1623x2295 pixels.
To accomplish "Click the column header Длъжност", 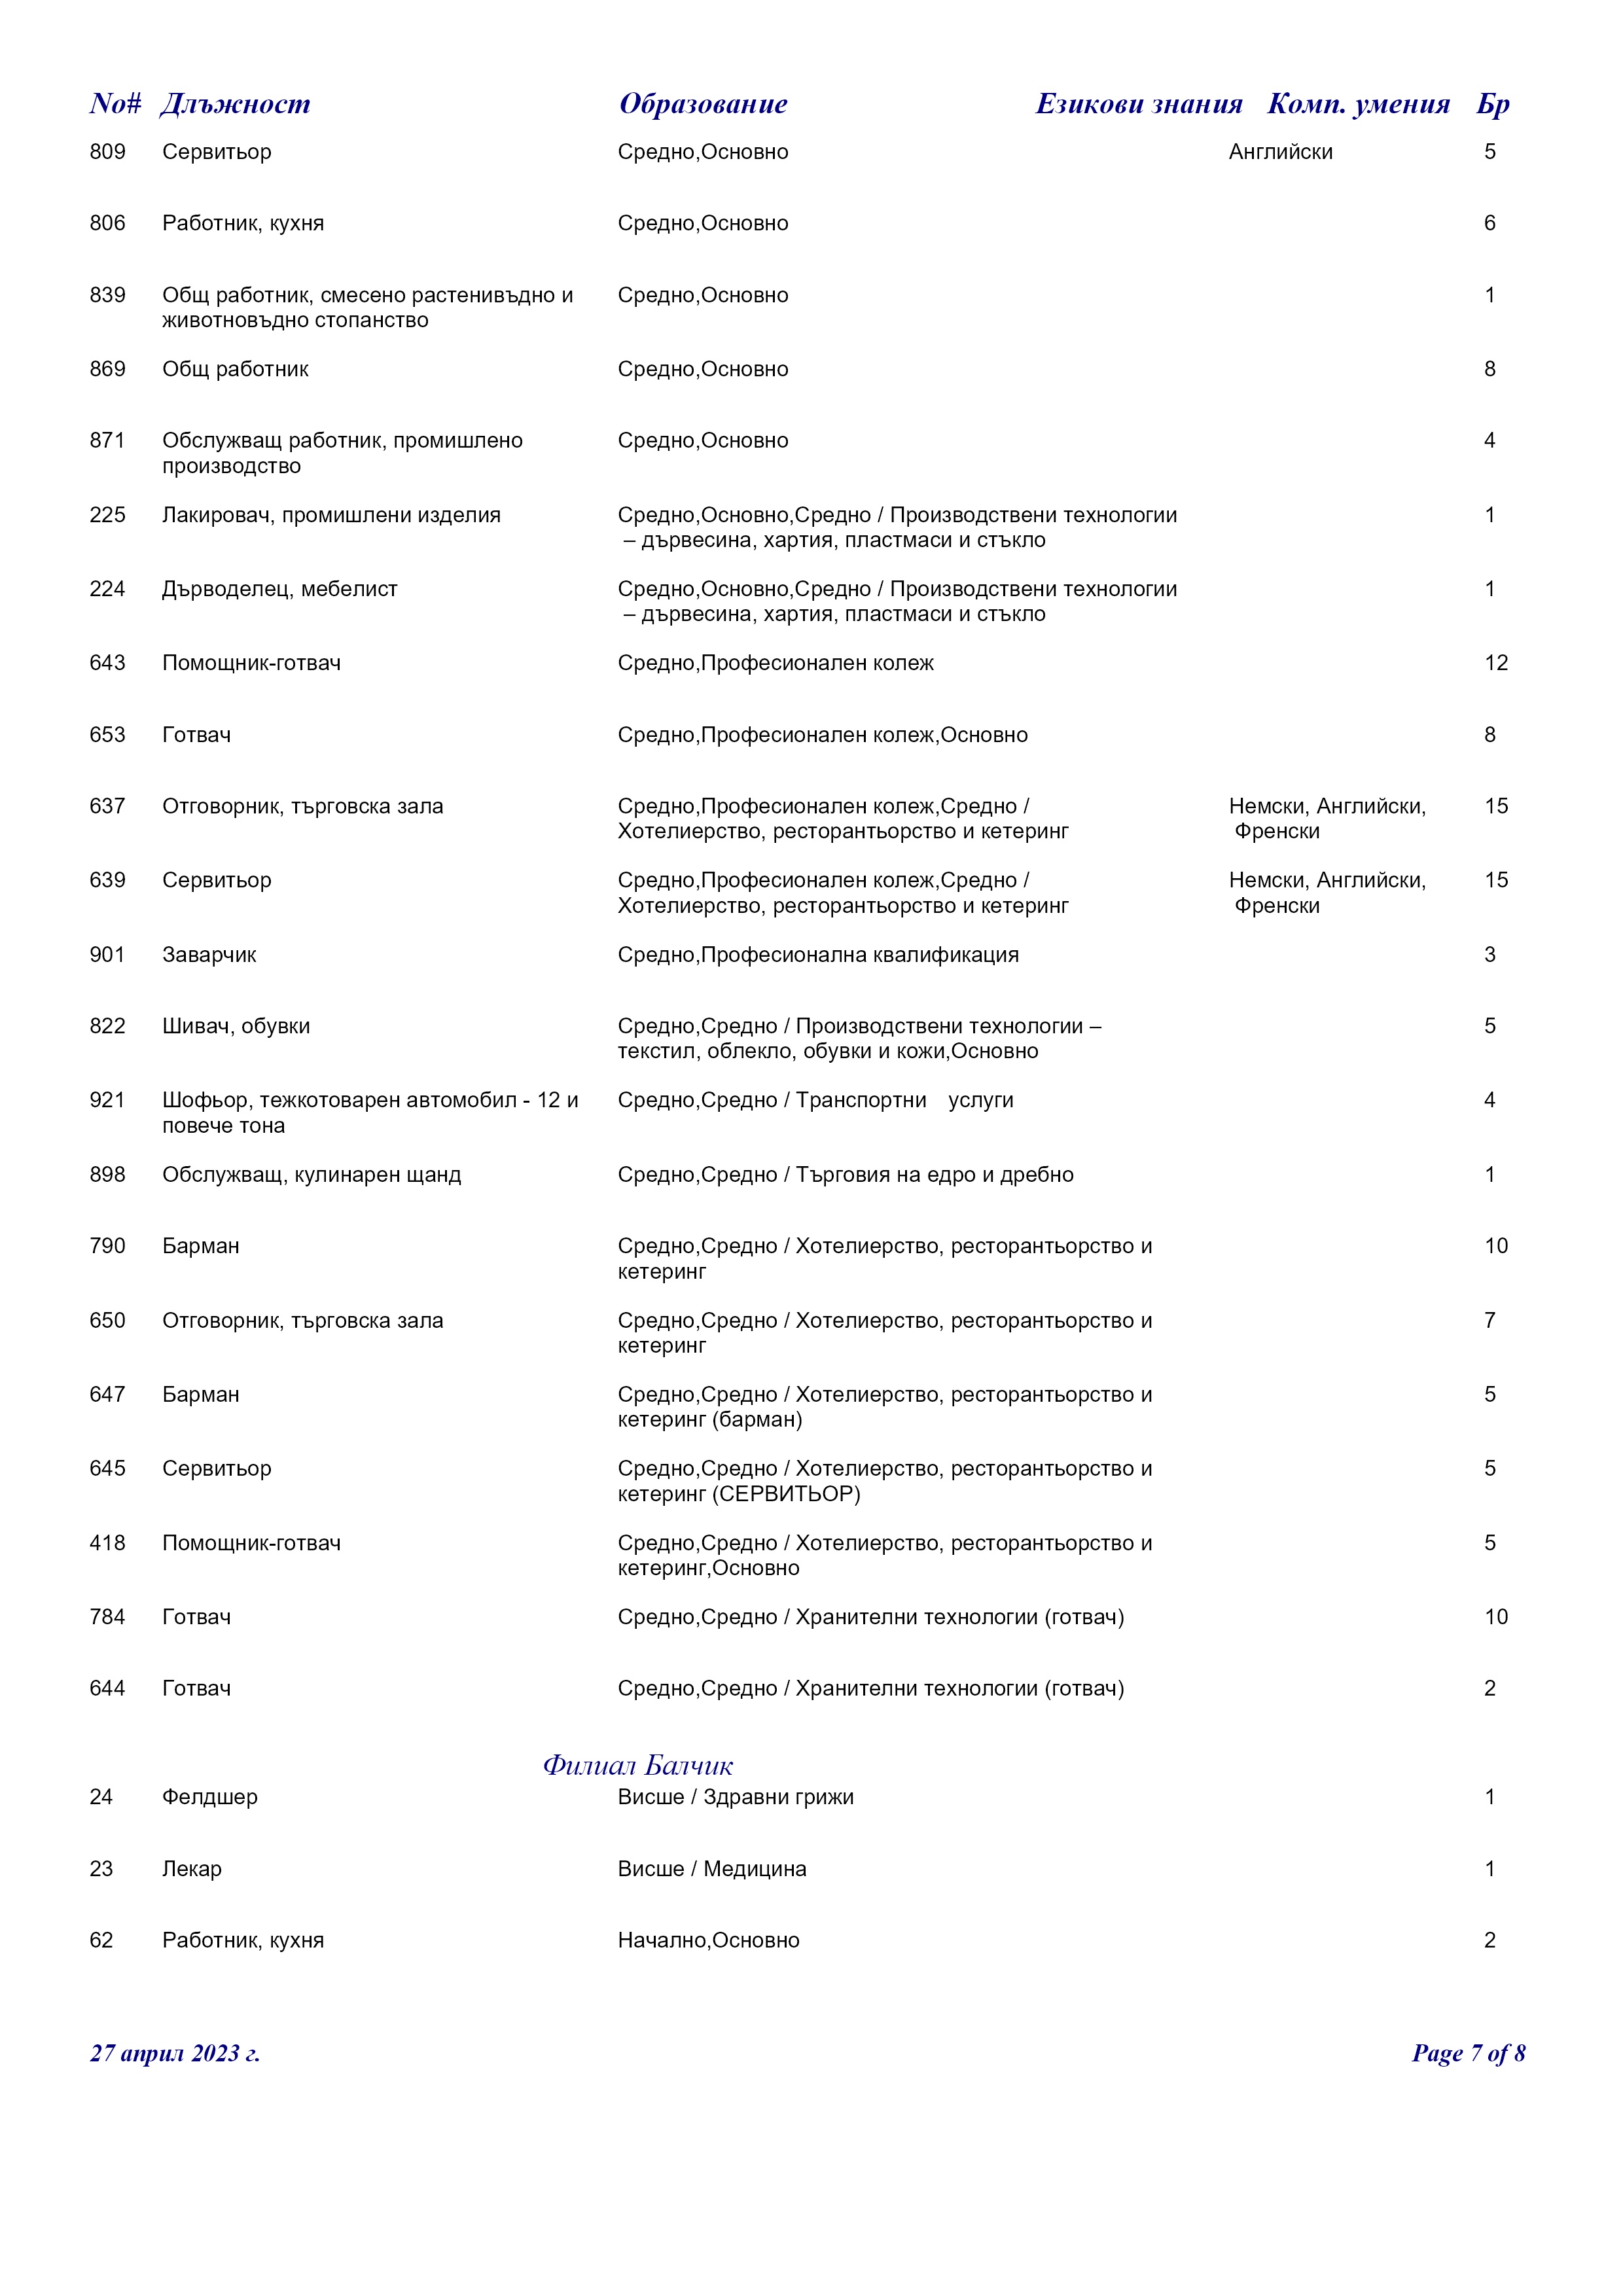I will (x=235, y=104).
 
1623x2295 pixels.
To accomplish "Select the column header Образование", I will (x=703, y=104).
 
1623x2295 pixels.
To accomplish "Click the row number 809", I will (x=107, y=152).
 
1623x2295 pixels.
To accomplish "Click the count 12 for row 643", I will (x=1495, y=663).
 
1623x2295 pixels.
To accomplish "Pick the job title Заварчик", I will (x=209, y=955).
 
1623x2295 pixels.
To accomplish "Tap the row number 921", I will (x=107, y=1101).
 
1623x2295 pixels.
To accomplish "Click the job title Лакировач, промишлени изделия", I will (x=330, y=515).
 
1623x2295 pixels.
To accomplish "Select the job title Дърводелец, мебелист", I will (x=280, y=589).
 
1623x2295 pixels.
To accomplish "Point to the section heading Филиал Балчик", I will (x=637, y=1765).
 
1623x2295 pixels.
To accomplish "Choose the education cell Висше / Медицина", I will (x=711, y=1869).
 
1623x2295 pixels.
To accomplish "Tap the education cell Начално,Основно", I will (x=709, y=1940).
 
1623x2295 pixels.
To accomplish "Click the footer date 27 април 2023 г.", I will (x=175, y=2053).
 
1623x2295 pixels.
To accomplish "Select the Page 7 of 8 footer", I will (x=1468, y=2053).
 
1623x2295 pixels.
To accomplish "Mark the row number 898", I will (x=107, y=1175).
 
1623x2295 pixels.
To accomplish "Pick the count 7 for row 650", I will (x=1489, y=1321).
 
